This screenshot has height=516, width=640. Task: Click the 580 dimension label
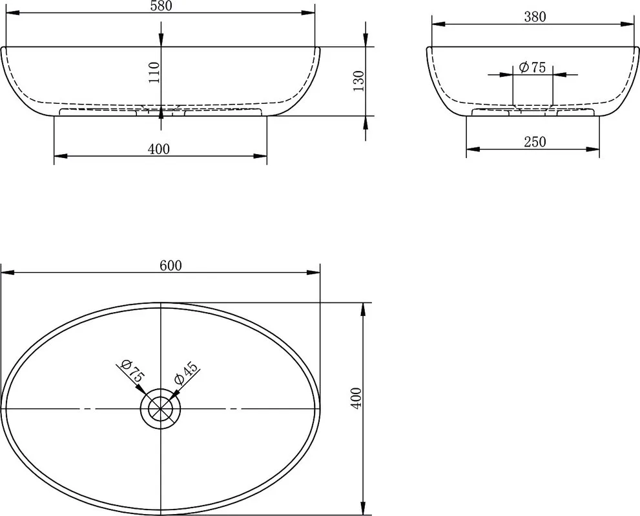click(161, 5)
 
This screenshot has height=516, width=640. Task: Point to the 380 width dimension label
click(535, 17)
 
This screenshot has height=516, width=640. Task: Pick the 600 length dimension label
click(170, 265)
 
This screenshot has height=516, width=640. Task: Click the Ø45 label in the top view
click(186, 373)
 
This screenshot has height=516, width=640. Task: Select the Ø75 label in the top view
click(132, 371)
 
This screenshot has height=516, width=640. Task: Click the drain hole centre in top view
click(161, 408)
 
